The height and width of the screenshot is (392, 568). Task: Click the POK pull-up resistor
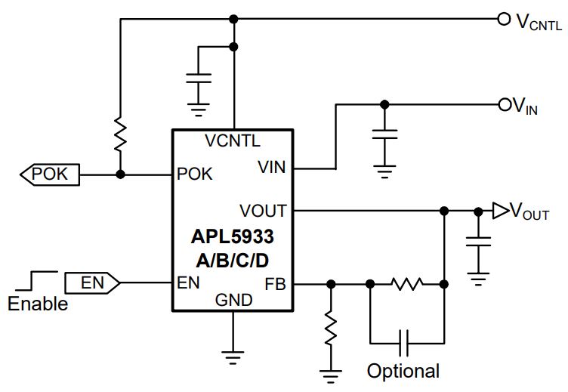pyautogui.click(x=120, y=134)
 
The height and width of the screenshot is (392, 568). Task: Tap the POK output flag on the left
pyautogui.click(x=50, y=174)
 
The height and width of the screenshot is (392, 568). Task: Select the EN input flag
pyautogui.click(x=92, y=283)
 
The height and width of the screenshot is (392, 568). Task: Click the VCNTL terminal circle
pyautogui.click(x=504, y=19)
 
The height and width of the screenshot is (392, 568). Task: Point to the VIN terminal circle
pyautogui.click(x=505, y=105)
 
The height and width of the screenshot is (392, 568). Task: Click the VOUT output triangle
pyautogui.click(x=500, y=211)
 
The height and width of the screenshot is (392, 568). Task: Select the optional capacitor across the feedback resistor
pyautogui.click(x=403, y=343)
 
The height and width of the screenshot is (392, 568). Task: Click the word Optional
pyautogui.click(x=403, y=371)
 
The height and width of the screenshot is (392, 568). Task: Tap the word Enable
pyautogui.click(x=38, y=304)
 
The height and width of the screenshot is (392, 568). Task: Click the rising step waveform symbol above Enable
pyautogui.click(x=36, y=280)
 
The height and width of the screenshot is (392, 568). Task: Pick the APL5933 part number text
pyautogui.click(x=232, y=236)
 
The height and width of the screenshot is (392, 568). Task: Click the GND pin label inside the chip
pyautogui.click(x=233, y=300)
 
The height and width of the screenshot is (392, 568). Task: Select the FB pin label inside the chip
pyautogui.click(x=275, y=284)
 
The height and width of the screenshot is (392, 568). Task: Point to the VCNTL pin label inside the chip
pyautogui.click(x=233, y=140)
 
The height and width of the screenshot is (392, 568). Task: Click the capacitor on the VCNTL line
pyautogui.click(x=199, y=79)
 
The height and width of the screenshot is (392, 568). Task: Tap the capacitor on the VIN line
pyautogui.click(x=384, y=134)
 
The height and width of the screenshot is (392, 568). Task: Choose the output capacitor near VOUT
pyautogui.click(x=479, y=242)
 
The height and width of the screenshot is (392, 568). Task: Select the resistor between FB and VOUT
pyautogui.click(x=407, y=284)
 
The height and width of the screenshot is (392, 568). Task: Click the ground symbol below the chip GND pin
pyautogui.click(x=233, y=357)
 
